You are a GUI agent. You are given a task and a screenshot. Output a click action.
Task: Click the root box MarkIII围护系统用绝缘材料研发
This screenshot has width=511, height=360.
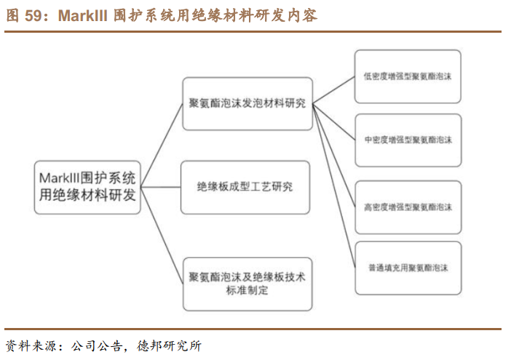[x=88, y=188]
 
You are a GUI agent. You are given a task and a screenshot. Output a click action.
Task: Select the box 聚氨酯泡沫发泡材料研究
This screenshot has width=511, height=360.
[x=247, y=103]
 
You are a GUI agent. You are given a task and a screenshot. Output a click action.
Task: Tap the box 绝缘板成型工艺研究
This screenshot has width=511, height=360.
[x=245, y=187]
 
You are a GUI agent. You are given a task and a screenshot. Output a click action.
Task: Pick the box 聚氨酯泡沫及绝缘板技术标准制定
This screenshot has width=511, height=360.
[x=247, y=284]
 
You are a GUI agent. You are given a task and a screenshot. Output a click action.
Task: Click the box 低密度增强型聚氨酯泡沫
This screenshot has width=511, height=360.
[x=408, y=76]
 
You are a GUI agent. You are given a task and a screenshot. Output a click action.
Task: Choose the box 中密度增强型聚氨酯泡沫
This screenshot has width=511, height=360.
[x=408, y=140]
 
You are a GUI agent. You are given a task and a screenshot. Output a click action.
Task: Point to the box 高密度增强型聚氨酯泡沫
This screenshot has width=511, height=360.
[x=408, y=207]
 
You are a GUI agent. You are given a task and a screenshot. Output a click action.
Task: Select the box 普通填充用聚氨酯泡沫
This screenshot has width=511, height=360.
[x=408, y=268]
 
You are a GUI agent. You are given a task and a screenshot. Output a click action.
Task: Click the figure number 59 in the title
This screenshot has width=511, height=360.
[x=32, y=15]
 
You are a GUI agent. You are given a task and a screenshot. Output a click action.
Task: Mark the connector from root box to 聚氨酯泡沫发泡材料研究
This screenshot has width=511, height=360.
[x=162, y=137]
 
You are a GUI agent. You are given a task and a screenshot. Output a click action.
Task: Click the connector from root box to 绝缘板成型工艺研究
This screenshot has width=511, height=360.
[x=162, y=188]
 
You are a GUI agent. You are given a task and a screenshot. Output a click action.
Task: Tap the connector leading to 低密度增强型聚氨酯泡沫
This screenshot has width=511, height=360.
[x=334, y=89]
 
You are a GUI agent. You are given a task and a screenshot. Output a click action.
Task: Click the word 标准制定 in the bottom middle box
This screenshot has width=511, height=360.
[x=247, y=291]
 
